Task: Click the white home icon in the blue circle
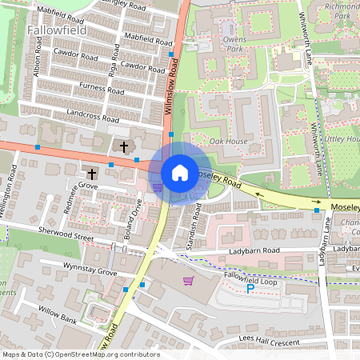(180, 172)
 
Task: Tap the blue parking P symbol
(250, 289)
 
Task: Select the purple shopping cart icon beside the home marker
(158, 188)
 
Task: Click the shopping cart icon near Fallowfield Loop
(189, 281)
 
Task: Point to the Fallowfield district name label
(57, 30)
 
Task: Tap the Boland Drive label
(137, 214)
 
